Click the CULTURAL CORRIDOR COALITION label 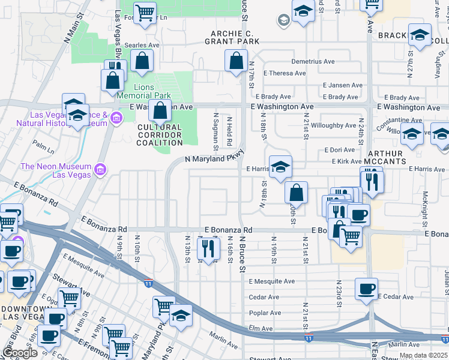pos(160,135)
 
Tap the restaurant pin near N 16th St pos(208,249)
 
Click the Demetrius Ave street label pos(313,61)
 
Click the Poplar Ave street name pos(267,313)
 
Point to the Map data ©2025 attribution pos(423,355)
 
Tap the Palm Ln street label pos(43,145)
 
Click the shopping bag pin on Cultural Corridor pos(160,112)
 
